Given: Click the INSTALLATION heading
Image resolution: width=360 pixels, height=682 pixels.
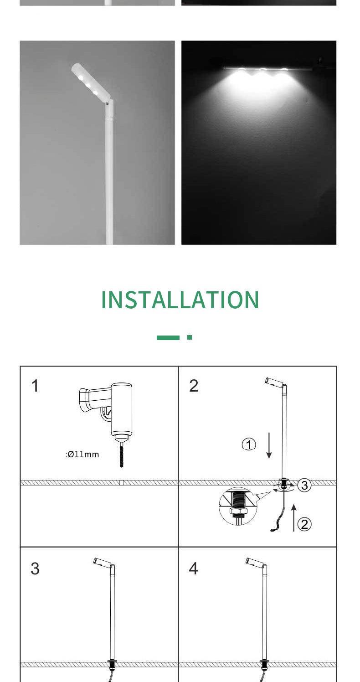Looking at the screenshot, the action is tap(180, 300).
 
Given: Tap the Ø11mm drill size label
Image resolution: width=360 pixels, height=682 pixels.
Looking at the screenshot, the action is tap(82, 454).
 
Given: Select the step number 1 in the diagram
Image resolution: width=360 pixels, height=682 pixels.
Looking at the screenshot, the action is tap(35, 386).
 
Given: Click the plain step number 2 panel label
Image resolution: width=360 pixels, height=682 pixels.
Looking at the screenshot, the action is tap(194, 386).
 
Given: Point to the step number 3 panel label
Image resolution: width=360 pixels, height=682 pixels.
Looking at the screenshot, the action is tap(35, 568).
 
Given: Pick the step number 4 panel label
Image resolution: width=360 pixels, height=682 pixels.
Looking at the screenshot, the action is tap(194, 568).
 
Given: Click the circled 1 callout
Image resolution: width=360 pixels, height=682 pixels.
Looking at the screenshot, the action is tap(249, 444).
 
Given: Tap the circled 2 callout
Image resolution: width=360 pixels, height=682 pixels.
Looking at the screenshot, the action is tap(304, 524).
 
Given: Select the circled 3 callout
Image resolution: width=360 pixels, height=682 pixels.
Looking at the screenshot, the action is tap(304, 486).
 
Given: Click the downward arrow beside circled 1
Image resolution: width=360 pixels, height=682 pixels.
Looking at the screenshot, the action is tap(269, 445).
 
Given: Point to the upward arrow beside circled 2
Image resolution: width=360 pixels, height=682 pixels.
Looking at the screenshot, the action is tap(293, 517).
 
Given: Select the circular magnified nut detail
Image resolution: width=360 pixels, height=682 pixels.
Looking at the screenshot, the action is tap(238, 506).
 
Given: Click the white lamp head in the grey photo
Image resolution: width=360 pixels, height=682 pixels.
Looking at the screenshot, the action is tap(91, 82).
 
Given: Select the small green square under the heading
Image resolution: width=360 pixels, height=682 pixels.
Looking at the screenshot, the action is tap(190, 337).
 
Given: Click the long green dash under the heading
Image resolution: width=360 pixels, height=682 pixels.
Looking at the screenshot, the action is tap(168, 337).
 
